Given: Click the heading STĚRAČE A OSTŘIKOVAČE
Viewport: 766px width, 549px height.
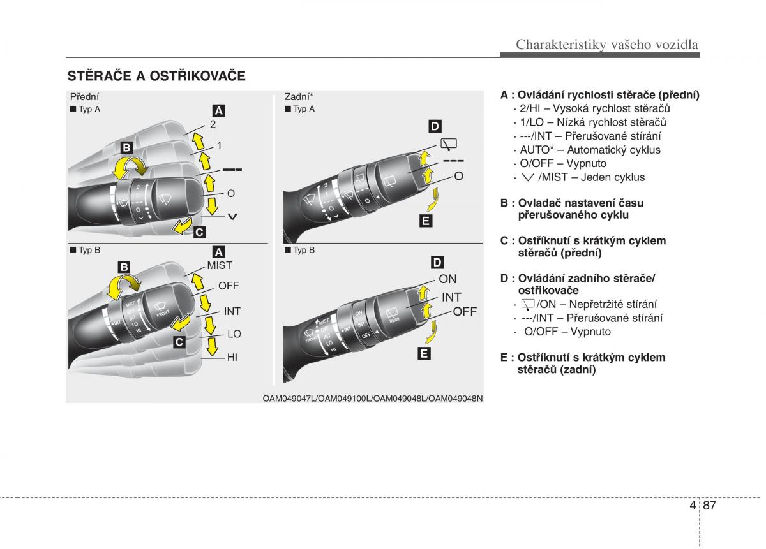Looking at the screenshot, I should point(156,76).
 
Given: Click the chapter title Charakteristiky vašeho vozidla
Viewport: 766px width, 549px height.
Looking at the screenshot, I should point(606,45).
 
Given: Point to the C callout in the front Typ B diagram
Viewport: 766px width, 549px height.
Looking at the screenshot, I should point(179,342).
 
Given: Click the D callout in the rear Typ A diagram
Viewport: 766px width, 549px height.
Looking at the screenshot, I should point(435,126).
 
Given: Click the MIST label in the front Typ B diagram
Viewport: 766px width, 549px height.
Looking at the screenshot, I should point(220,265).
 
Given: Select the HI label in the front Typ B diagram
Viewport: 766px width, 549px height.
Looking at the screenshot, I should point(232,358).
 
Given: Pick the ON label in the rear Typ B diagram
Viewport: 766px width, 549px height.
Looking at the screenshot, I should point(447,279).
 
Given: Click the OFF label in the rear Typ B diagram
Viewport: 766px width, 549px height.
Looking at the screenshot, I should point(465,312).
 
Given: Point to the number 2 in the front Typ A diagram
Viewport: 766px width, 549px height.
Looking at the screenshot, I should point(213,125).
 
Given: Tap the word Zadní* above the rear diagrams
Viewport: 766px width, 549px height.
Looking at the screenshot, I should point(299,96).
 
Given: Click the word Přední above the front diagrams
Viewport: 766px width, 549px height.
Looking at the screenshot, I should point(84,96).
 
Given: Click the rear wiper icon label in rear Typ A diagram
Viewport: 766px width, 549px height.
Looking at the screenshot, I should point(449,143).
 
